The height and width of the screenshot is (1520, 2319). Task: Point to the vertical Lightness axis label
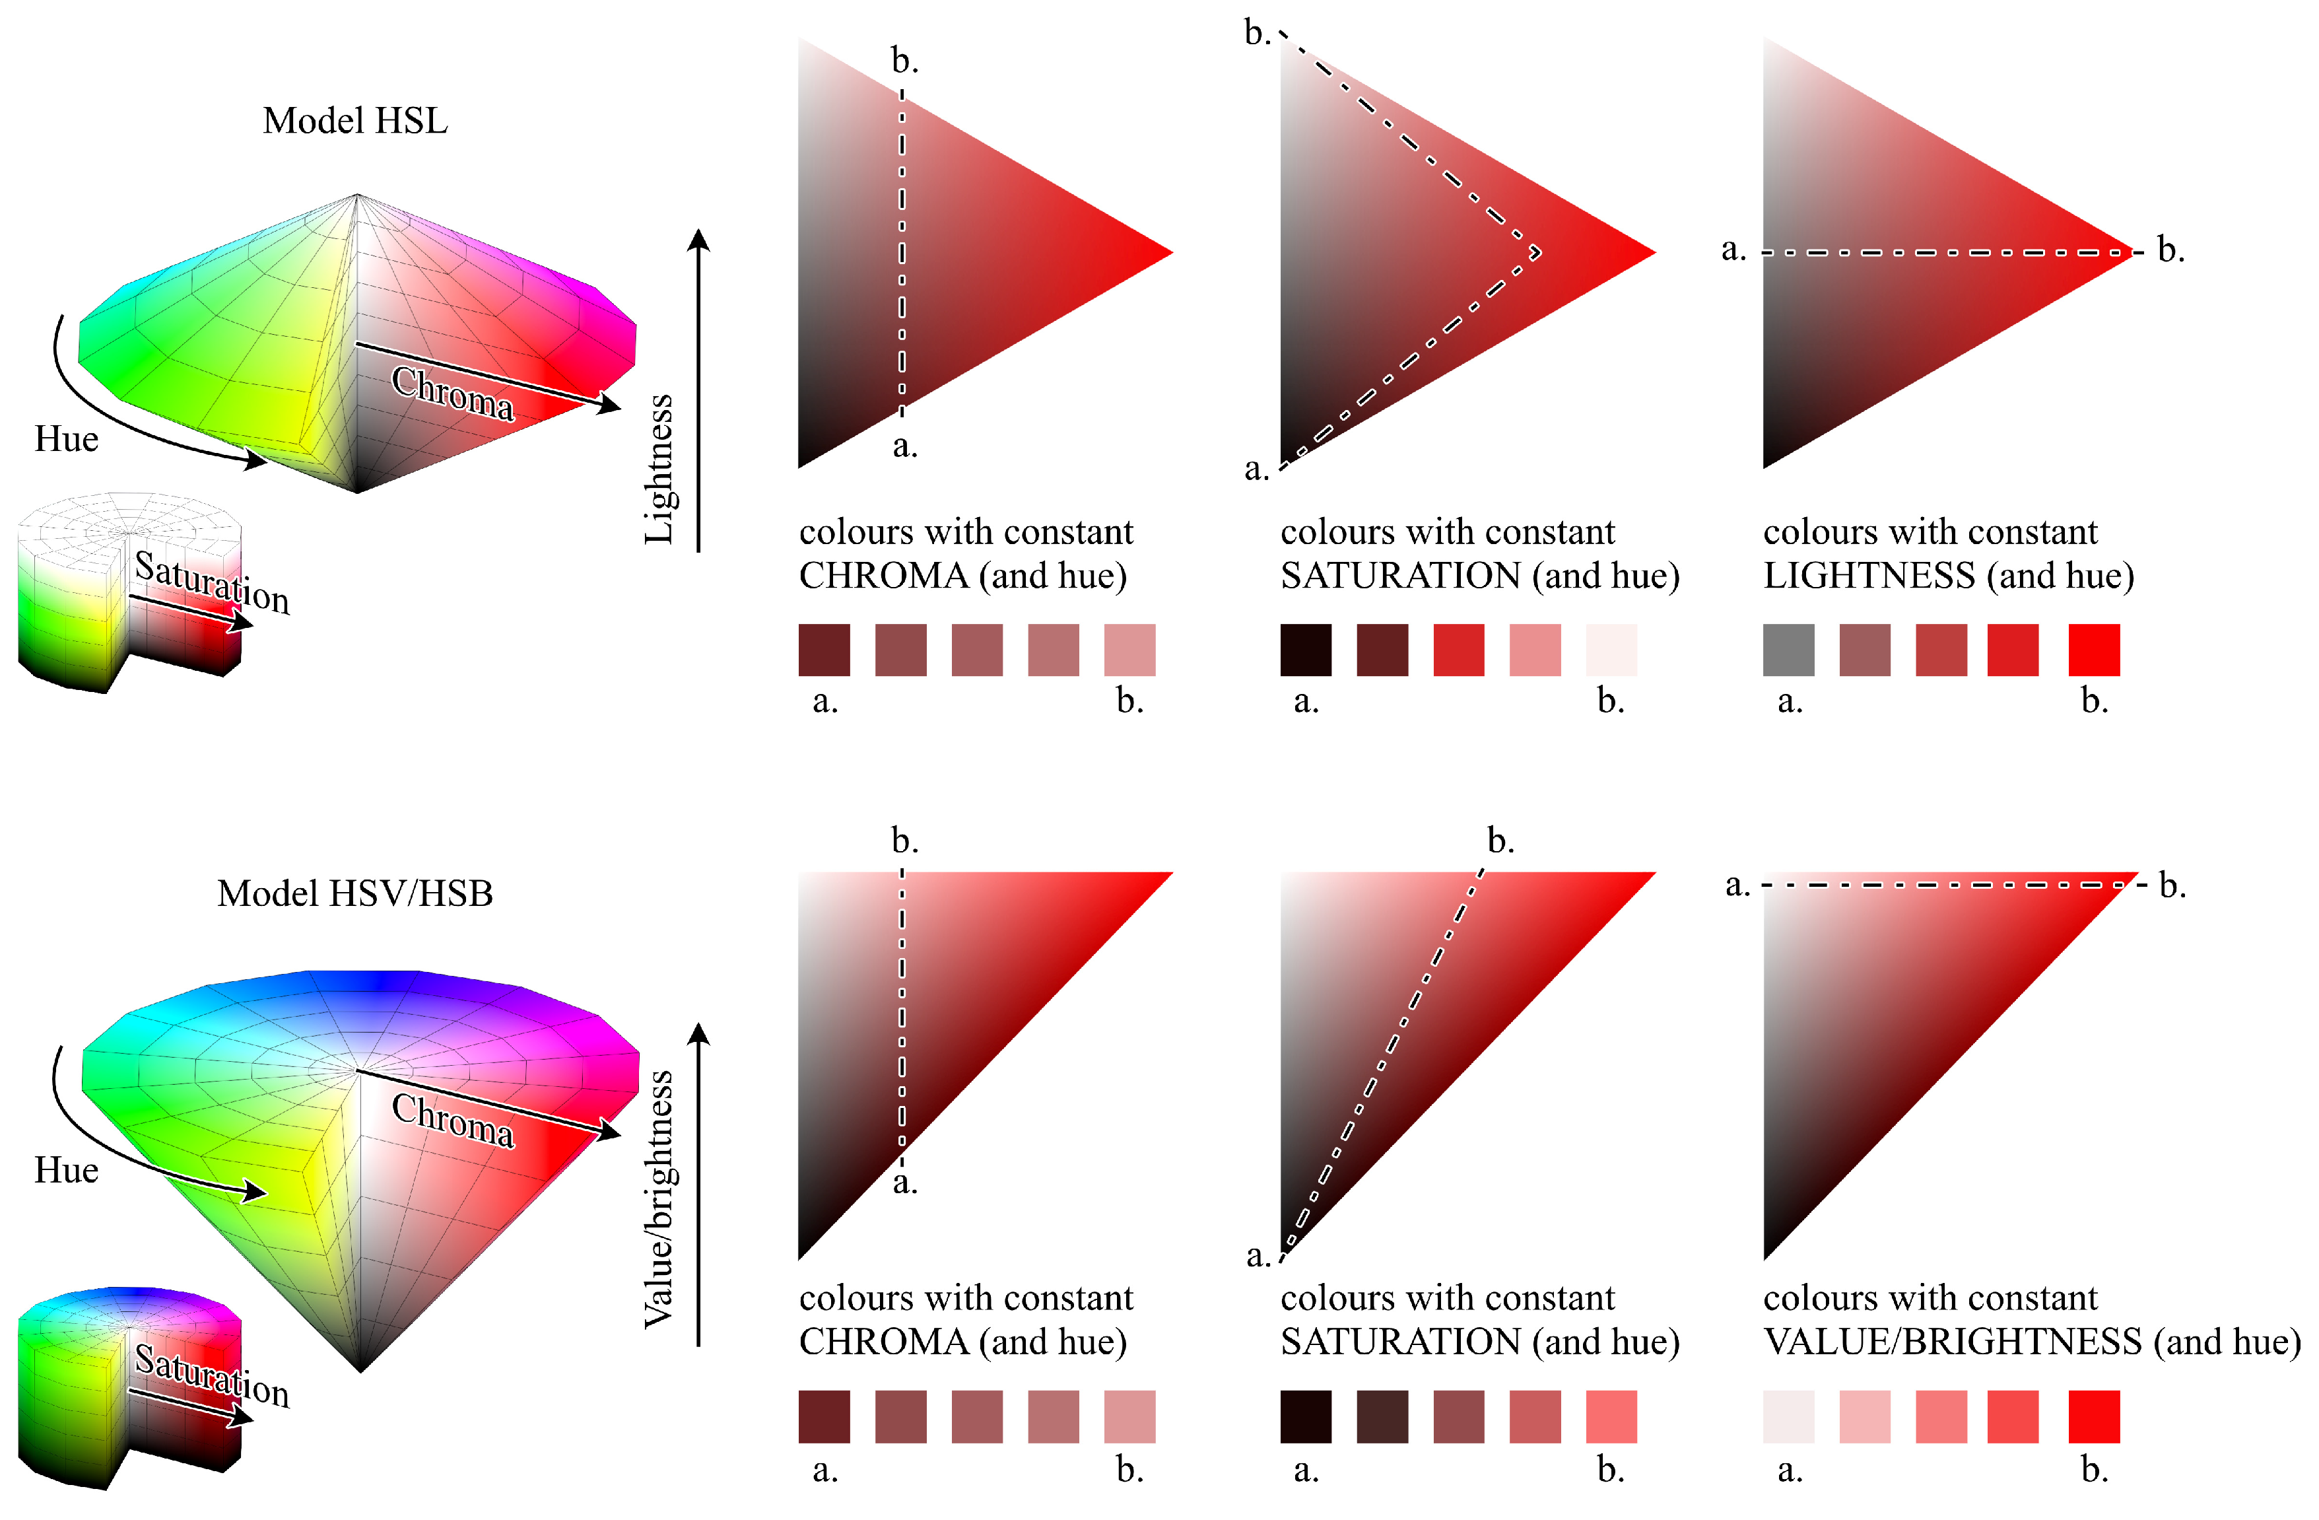659,469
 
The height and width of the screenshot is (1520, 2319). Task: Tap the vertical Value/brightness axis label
659,1198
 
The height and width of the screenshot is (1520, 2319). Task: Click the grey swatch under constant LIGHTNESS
1788,650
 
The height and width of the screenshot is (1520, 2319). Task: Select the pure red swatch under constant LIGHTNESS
2093,650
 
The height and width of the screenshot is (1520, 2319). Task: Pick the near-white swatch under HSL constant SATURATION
1611,650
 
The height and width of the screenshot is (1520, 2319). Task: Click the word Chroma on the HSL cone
452,393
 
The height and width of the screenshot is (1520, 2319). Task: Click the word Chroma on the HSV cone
452,1120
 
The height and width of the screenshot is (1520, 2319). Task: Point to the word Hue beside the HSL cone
66,440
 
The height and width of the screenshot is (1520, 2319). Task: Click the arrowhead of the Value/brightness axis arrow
698,1032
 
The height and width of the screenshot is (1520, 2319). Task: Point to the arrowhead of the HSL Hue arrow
258,460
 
